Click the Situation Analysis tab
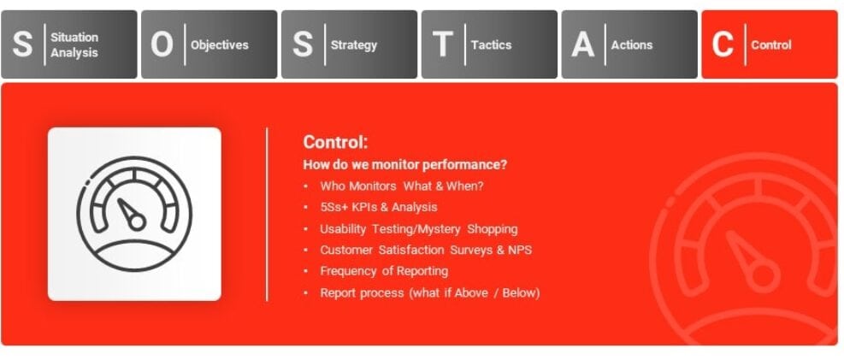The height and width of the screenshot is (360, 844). pyautogui.click(x=68, y=44)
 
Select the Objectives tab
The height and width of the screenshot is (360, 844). pyautogui.click(x=209, y=44)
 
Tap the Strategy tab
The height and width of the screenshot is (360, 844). pyautogui.click(x=349, y=44)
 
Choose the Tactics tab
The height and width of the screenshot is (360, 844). pyautogui.click(x=489, y=44)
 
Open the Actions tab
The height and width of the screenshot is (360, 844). pyautogui.click(x=629, y=44)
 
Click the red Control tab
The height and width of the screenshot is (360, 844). pyautogui.click(x=770, y=44)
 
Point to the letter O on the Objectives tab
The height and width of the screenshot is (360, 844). pyautogui.click(x=162, y=44)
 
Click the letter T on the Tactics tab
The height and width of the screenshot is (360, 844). pyautogui.click(x=442, y=44)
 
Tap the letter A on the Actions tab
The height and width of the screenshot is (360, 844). pyautogui.click(x=582, y=44)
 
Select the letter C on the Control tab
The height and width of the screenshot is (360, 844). pyautogui.click(x=723, y=44)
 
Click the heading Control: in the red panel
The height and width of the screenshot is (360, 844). pyautogui.click(x=335, y=143)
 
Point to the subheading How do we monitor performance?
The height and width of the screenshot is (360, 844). pyautogui.click(x=404, y=164)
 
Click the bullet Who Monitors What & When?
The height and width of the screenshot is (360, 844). pyautogui.click(x=402, y=186)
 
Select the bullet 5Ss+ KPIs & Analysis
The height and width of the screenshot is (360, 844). pyautogui.click(x=378, y=207)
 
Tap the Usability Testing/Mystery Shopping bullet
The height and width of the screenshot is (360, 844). pyautogui.click(x=418, y=228)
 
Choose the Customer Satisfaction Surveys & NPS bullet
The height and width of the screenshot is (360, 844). pyautogui.click(x=426, y=250)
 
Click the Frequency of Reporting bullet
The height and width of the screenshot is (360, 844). pyautogui.click(x=384, y=271)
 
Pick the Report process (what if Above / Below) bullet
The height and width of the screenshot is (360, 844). pyautogui.click(x=429, y=292)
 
